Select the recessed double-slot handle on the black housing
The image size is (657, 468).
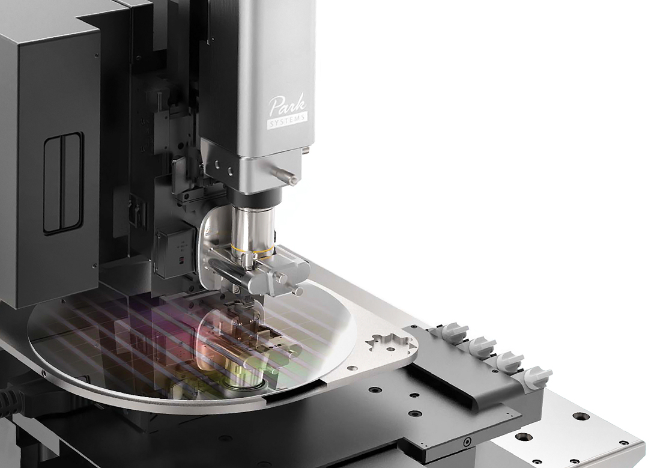tap(63, 183)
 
